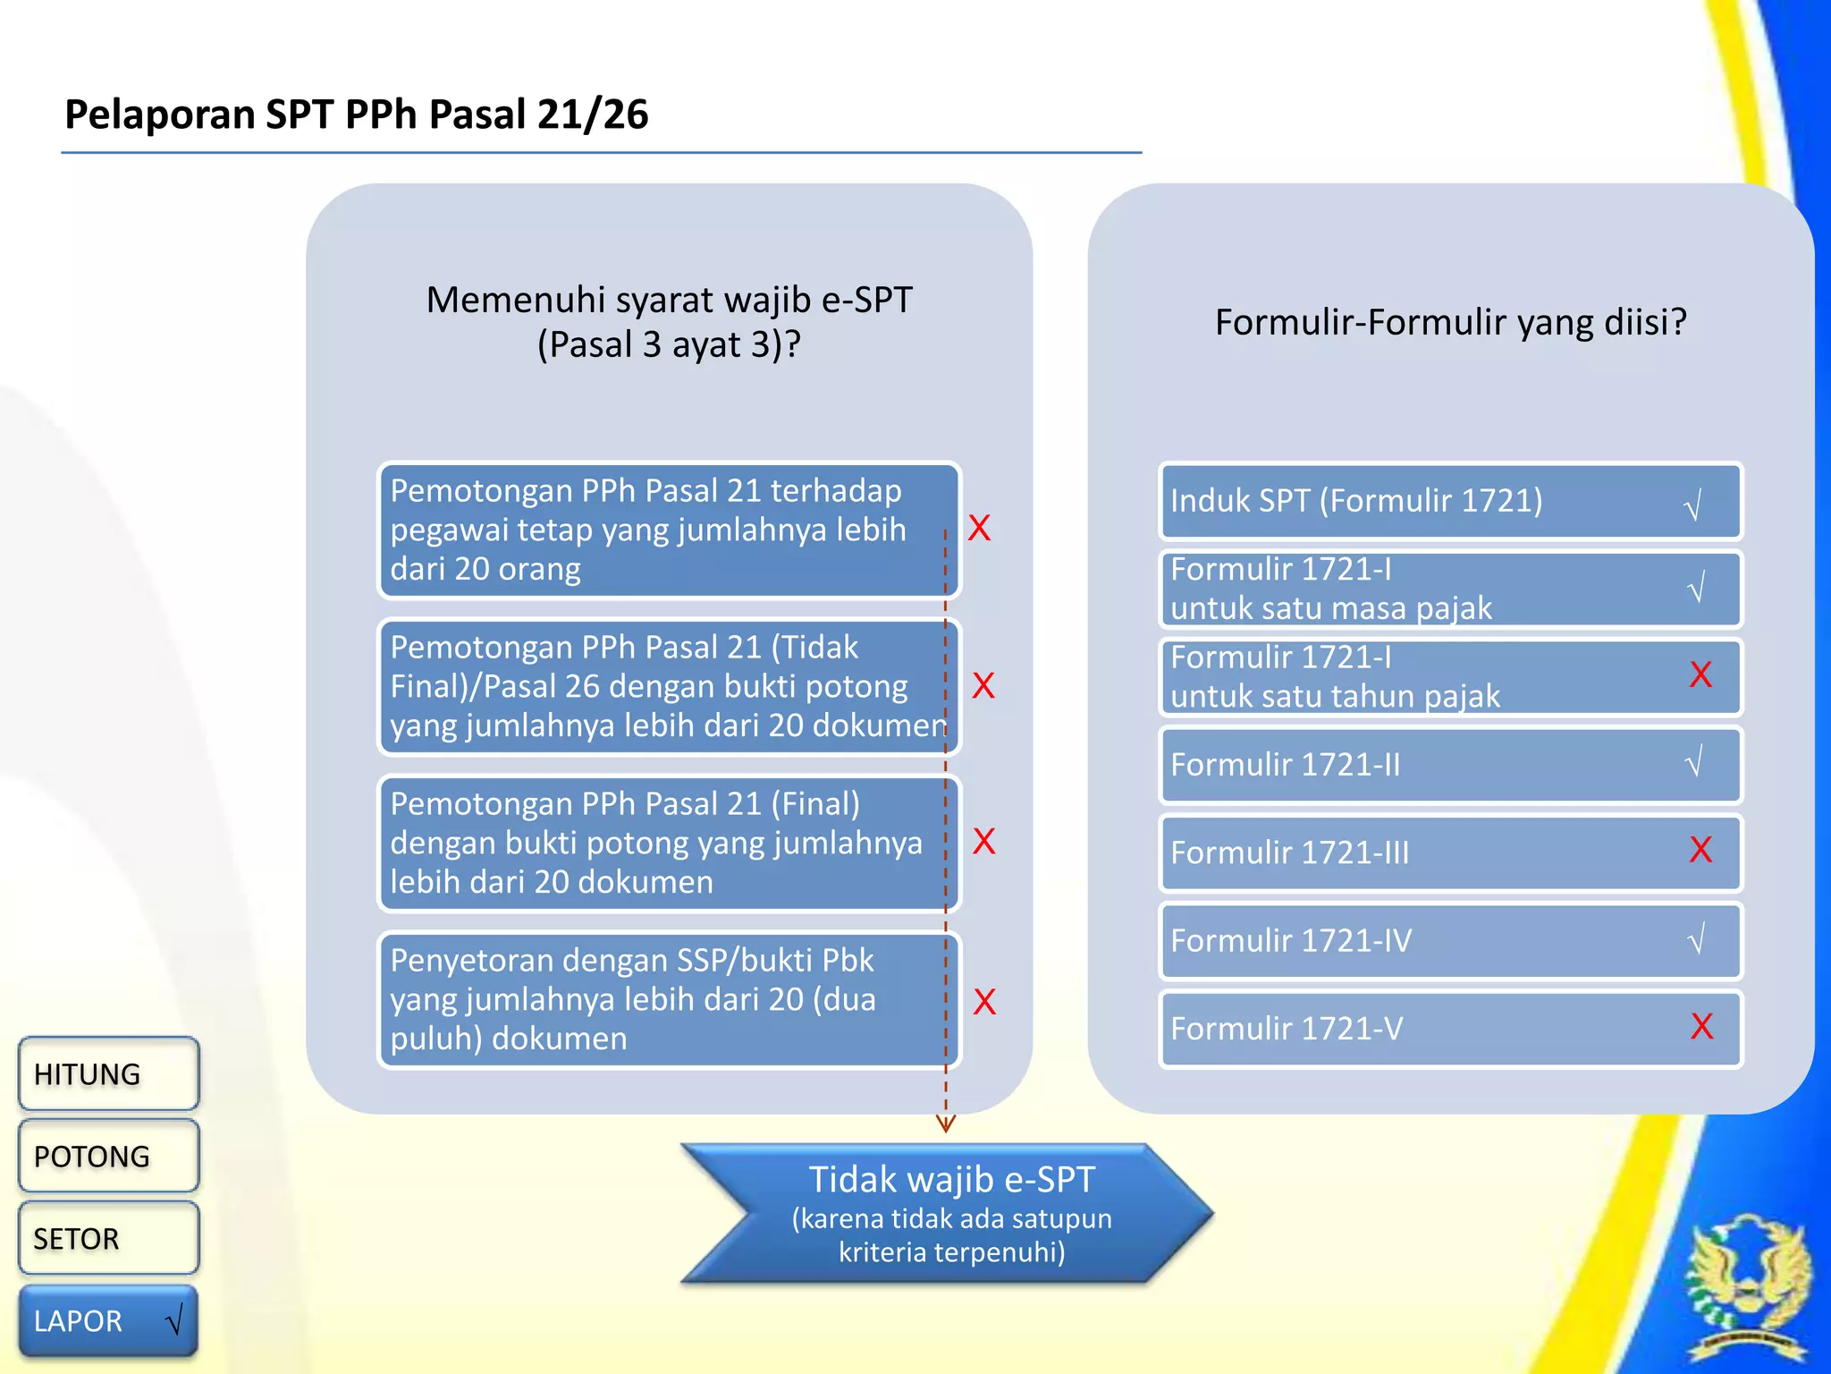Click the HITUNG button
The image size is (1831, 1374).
(107, 1073)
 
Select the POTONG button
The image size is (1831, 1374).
(107, 1156)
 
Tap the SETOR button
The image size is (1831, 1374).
(107, 1238)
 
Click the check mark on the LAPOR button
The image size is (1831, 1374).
(175, 1319)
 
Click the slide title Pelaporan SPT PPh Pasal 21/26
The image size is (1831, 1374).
(356, 114)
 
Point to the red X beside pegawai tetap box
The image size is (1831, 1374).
(980, 528)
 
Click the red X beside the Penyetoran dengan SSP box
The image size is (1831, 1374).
(984, 1002)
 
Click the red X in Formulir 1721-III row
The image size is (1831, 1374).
(1700, 850)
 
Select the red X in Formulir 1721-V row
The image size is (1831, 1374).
(1701, 1026)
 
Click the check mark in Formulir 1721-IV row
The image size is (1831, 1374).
(1696, 939)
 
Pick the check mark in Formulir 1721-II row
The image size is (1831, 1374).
(1693, 762)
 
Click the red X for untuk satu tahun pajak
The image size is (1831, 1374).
(1700, 674)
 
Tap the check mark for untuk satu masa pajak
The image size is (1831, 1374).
(1696, 588)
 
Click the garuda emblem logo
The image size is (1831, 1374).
(1748, 1288)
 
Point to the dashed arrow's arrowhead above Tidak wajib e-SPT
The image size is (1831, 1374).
(946, 1124)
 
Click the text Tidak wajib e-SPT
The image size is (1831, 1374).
(951, 1179)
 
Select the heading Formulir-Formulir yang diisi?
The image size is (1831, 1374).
(1450, 322)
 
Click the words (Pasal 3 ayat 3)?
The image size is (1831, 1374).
(669, 344)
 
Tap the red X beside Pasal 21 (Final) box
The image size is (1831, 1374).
(983, 841)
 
